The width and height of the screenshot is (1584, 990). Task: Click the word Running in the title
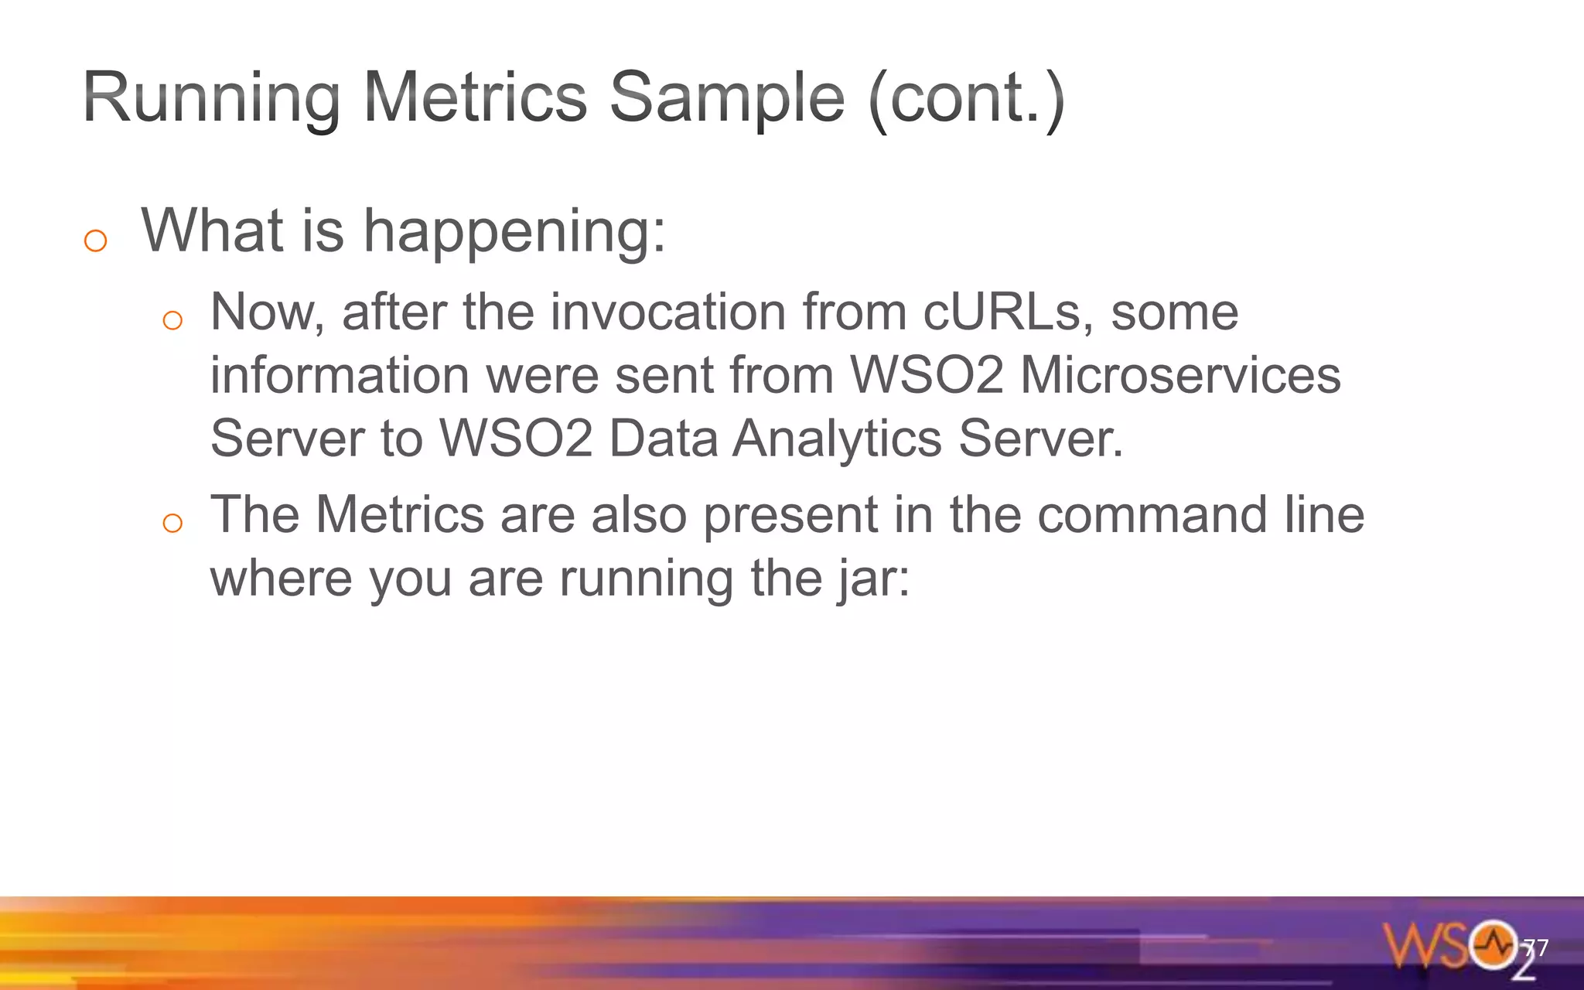(211, 98)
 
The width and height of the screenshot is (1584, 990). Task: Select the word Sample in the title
(727, 98)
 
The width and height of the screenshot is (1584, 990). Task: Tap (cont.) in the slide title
(967, 98)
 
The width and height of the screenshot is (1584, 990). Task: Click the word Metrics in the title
(475, 98)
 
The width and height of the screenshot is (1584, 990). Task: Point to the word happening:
(514, 232)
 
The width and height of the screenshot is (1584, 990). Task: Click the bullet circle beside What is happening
(95, 241)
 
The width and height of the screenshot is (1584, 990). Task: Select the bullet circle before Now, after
(172, 320)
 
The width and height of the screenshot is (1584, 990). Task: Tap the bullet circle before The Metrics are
(172, 524)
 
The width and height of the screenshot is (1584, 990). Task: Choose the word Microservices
(1180, 376)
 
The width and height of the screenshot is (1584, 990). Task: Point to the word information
(340, 376)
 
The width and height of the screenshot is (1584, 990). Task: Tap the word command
(1152, 515)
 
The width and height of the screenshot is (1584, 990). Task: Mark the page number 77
(1535, 948)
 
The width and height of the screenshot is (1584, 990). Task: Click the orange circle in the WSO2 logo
(1494, 944)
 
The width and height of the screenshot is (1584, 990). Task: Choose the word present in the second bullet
(790, 517)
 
